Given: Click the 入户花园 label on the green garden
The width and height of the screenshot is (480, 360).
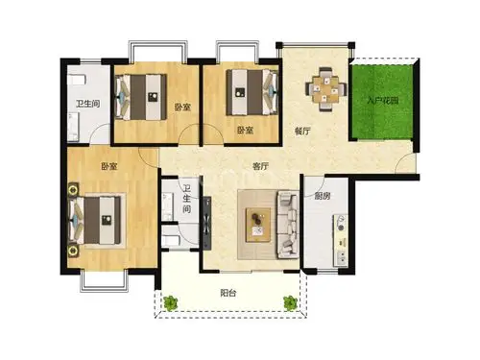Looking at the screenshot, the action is (x=382, y=101).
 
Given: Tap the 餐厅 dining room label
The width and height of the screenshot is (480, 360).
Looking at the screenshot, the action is (x=302, y=131).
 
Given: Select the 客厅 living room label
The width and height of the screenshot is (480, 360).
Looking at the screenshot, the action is (x=260, y=166).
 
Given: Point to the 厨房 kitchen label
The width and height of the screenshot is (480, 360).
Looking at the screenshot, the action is (x=322, y=196).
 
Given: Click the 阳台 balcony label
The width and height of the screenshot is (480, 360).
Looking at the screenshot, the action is (x=228, y=293).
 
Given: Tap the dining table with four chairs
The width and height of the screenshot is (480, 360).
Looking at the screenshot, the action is (x=326, y=88).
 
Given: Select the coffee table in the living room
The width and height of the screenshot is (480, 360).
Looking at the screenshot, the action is (x=258, y=225).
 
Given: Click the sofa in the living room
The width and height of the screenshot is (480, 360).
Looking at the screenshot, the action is (x=288, y=224).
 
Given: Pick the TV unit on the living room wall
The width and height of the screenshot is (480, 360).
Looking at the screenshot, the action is (x=207, y=223).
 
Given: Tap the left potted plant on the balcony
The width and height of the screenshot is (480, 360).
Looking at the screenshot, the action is (x=170, y=302).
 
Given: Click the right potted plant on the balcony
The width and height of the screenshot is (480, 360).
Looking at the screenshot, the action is (x=291, y=302).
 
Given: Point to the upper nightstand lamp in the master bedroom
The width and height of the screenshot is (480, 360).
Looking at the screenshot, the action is (x=73, y=190).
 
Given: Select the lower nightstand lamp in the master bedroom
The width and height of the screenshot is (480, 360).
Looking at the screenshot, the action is (x=73, y=251).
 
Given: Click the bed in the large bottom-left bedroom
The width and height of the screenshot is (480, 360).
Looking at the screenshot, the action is (x=95, y=221).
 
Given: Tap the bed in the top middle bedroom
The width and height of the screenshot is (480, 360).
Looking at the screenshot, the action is (x=141, y=97).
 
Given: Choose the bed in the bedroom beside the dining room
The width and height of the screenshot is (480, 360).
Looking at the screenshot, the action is (x=252, y=93).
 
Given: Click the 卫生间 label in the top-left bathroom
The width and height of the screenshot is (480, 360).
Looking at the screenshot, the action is (x=87, y=104).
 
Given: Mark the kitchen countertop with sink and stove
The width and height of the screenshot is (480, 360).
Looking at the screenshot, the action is (x=341, y=241).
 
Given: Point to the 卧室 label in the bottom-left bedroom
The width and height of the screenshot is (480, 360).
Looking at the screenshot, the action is (x=109, y=167).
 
